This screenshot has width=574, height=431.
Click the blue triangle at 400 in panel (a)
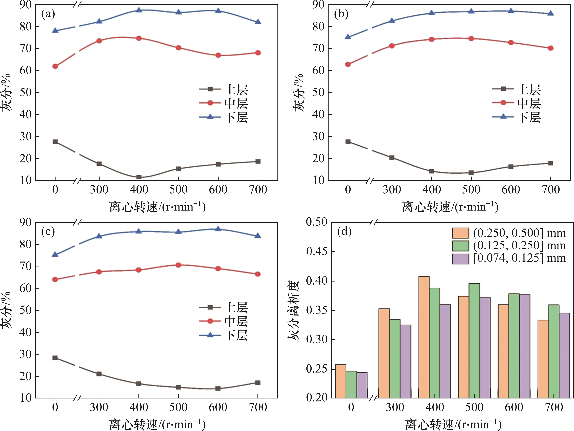pos(139,10)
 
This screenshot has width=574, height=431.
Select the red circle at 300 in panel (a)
pos(99,41)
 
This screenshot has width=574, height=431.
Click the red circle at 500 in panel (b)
pos(471,39)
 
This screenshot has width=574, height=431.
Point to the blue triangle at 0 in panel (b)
pos(348,37)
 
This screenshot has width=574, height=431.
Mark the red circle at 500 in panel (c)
pos(178,265)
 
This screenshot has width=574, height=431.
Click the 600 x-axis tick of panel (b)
pos(511,190)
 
